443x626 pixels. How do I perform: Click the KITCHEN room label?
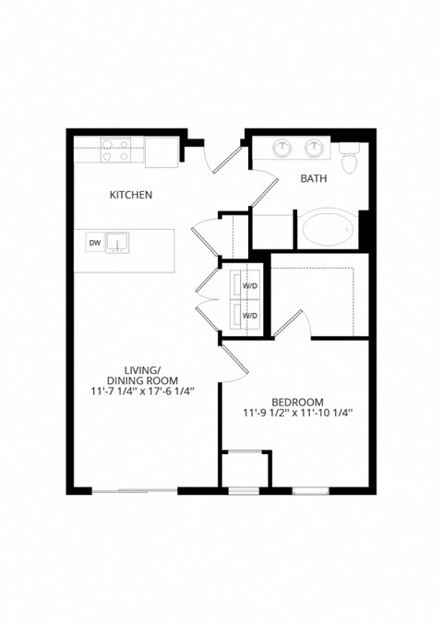(131, 195)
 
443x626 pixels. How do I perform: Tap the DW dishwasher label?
(94, 243)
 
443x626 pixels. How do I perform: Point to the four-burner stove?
(115, 150)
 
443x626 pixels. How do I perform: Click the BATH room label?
(313, 179)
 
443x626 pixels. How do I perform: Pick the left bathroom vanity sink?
(281, 149)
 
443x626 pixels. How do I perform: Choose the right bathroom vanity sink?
(316, 149)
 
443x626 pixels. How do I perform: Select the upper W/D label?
(250, 286)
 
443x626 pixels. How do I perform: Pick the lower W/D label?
(250, 315)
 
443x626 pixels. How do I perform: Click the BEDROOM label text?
(297, 402)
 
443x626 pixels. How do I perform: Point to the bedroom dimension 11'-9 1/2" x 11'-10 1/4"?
(297, 414)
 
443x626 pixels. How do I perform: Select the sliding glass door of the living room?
(135, 490)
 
